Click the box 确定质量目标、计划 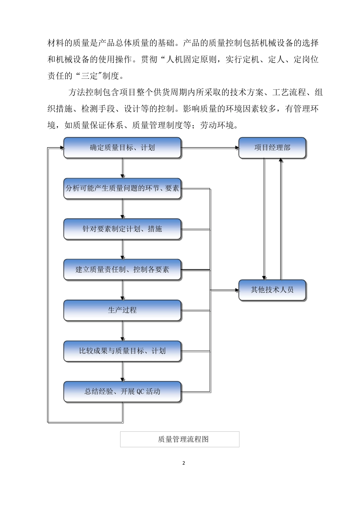pos(122,148)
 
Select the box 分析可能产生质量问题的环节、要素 pos(122,188)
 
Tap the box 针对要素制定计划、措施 pos(122,229)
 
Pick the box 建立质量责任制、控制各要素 pos(122,270)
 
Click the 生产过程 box pos(122,310)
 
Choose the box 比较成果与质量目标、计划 pos(122,351)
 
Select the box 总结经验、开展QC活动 pos(122,391)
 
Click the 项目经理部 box pos(272,148)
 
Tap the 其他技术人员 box pos(272,290)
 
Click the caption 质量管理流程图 pos(180,439)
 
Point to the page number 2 pos(184,463)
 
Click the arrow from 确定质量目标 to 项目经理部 pos(210,148)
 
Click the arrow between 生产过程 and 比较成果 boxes pos(122,331)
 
